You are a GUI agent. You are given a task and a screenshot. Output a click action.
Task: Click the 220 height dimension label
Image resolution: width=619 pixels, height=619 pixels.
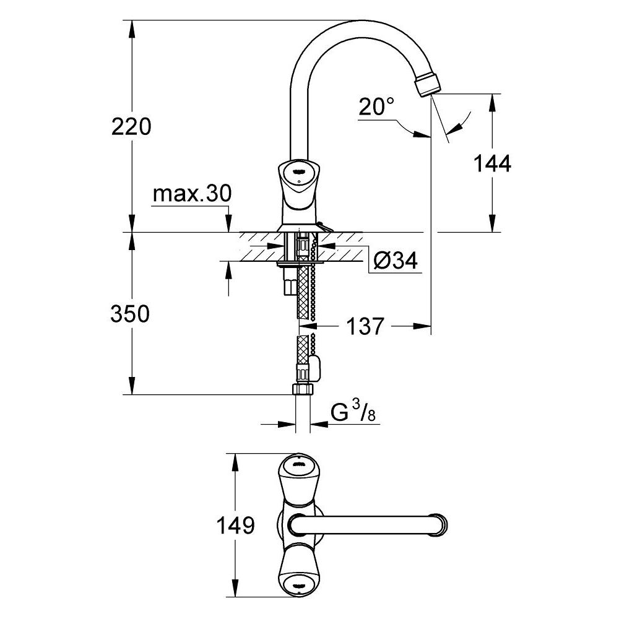point(131,127)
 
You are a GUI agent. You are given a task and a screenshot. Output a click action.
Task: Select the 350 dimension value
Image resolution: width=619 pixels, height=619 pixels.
point(130,314)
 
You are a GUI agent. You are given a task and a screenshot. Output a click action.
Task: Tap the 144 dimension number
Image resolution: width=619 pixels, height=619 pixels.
point(492,164)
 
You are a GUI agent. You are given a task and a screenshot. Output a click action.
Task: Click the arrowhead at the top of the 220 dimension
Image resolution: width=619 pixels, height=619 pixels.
point(131,25)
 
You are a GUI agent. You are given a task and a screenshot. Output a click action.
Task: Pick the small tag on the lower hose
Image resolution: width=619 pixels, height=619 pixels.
point(315,368)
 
